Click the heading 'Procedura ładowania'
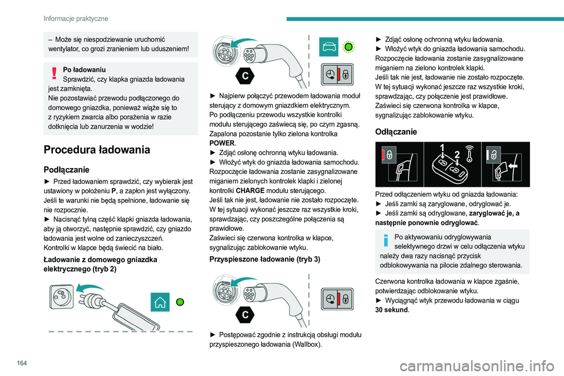tap(92, 149)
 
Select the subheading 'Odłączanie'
tap(396, 132)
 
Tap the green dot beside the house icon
tap(181, 302)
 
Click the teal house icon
tap(159, 302)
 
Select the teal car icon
tap(329, 46)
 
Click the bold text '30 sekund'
tap(390, 310)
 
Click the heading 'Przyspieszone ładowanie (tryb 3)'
tap(265, 258)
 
